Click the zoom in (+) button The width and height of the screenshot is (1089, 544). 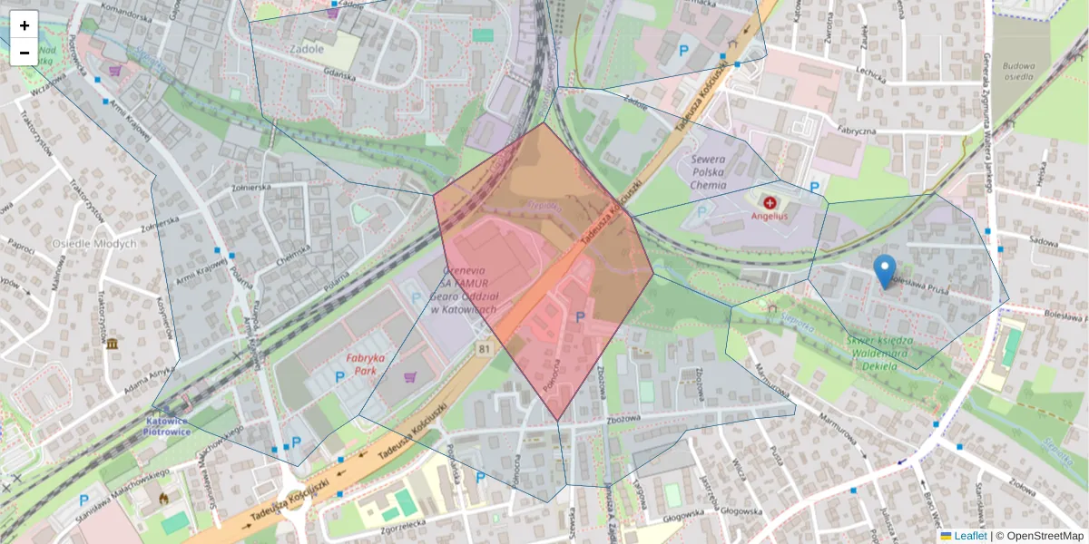25,25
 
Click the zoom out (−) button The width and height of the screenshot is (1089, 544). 25,53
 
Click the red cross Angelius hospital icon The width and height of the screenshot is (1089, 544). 770,202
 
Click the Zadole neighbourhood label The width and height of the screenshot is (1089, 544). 307,49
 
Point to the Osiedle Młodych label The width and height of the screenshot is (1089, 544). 94,243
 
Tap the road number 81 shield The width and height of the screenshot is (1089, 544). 485,349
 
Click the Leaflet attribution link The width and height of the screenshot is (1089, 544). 969,536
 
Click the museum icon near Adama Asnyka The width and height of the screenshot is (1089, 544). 111,345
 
